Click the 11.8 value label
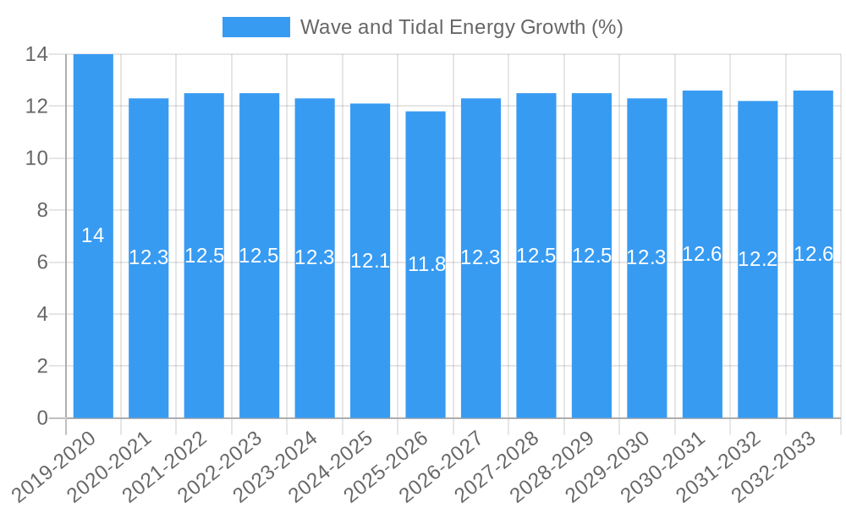426,264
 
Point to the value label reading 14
93,236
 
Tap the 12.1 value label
370,261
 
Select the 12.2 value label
757,260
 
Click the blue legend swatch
255,27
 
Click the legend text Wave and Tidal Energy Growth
461,27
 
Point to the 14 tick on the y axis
36,54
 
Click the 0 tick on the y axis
42,418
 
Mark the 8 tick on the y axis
42,210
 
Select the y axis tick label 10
36,158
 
